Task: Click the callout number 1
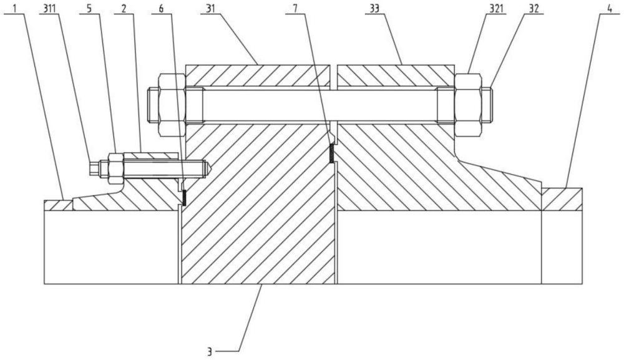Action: point(15,8)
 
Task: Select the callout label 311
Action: point(49,8)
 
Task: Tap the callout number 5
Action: point(89,8)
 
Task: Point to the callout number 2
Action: point(124,8)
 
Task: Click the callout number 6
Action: point(161,8)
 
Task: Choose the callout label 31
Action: point(211,8)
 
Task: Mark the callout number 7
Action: point(295,8)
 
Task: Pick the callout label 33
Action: point(375,8)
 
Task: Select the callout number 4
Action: point(610,8)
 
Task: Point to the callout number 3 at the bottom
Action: point(209,351)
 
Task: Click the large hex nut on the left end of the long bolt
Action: point(172,105)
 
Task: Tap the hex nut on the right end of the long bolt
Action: point(467,105)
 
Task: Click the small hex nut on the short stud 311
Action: point(116,168)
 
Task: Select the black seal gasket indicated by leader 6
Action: point(184,197)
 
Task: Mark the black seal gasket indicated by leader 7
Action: point(331,153)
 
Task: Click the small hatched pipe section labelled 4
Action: point(562,199)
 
